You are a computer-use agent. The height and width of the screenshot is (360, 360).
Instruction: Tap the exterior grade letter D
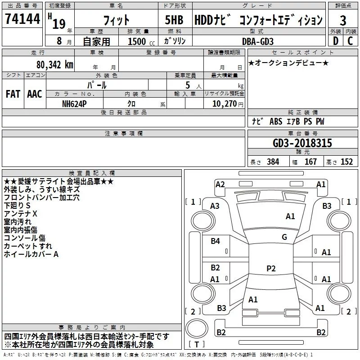pos(335,40)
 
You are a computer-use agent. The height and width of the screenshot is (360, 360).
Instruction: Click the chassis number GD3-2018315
pos(302,144)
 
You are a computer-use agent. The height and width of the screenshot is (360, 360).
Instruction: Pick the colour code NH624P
pos(75,103)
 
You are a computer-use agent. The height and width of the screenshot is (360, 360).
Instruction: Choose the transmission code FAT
pos(13,94)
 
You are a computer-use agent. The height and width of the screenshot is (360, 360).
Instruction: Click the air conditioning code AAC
pos(34,94)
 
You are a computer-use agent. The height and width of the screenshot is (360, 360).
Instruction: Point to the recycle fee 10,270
pos(224,103)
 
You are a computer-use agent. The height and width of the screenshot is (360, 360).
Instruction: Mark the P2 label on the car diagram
pos(271,269)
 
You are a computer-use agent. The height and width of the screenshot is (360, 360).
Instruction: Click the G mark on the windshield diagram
pos(284,237)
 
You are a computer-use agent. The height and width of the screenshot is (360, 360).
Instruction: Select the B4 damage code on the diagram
pos(215,241)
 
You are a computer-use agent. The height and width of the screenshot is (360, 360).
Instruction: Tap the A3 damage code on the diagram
pos(215,206)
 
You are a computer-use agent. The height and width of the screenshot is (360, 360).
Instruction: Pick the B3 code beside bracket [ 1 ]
pos(327,206)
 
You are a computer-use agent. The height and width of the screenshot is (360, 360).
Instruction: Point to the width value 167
pos(310,162)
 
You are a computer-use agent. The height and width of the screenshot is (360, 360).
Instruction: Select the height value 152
pos(346,162)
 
